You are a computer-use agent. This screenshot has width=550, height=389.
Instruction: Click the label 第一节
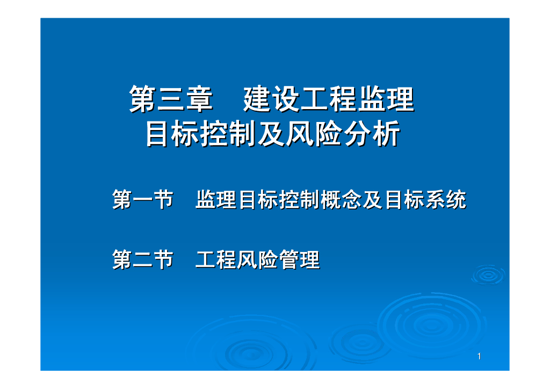tap(142, 200)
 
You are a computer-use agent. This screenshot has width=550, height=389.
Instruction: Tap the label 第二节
tap(142, 260)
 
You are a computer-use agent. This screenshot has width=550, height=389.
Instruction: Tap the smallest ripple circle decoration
tap(488, 275)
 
